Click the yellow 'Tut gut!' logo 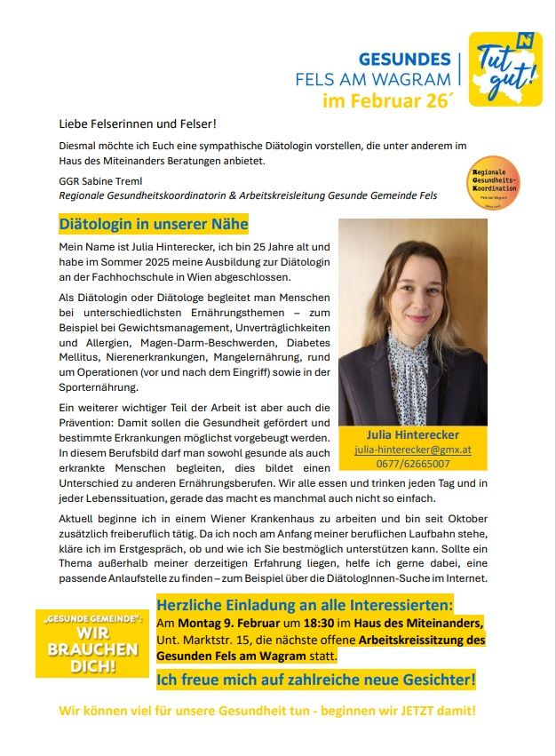point(504,70)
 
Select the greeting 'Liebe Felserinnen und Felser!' point(138,123)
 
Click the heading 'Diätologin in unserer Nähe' point(154,224)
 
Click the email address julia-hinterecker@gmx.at point(413,450)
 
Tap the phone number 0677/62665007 point(413,463)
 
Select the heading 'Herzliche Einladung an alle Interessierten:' point(305,605)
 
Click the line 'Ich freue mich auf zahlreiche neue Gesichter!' point(316,680)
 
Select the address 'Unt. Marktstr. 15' point(202,640)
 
